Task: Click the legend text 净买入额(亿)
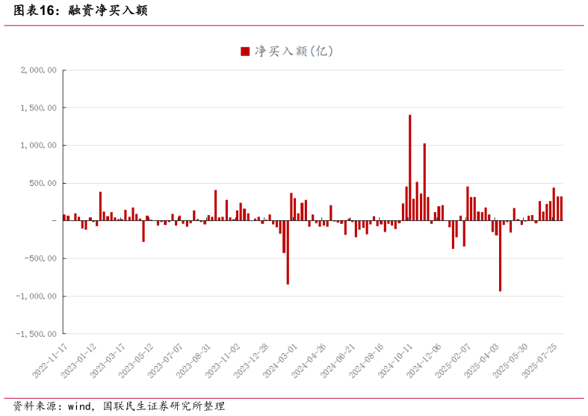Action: (x=294, y=52)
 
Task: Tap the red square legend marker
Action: (x=244, y=52)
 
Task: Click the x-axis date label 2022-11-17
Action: (x=51, y=361)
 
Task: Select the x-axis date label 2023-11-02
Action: (x=223, y=361)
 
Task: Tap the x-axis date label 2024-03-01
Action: (x=281, y=361)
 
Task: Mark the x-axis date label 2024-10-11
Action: (x=397, y=361)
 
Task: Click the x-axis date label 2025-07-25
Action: (x=541, y=361)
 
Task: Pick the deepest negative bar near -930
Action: (x=500, y=255)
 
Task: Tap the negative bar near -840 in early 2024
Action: (x=288, y=252)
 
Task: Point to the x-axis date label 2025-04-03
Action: (x=483, y=361)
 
